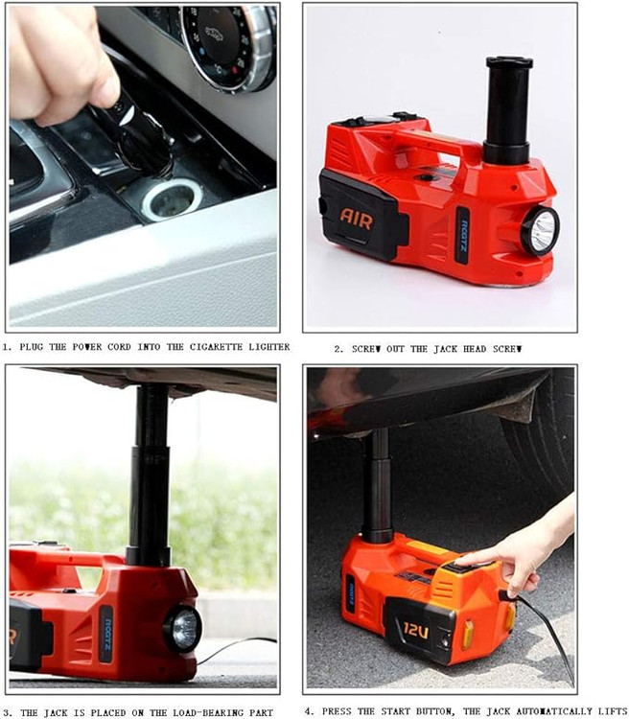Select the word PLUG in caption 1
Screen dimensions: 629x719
click(x=32, y=347)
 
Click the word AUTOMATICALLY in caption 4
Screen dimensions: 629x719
click(x=554, y=711)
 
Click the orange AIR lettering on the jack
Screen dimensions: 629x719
click(x=357, y=219)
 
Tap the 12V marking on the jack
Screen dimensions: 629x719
click(x=416, y=631)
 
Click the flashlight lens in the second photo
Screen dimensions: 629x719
click(x=541, y=231)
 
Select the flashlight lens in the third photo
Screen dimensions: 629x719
click(x=183, y=629)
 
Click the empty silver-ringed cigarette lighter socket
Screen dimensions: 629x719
click(x=172, y=199)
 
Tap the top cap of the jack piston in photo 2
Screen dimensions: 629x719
click(x=509, y=62)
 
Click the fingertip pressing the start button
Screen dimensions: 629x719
click(x=462, y=561)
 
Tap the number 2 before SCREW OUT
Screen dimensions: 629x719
click(x=338, y=349)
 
